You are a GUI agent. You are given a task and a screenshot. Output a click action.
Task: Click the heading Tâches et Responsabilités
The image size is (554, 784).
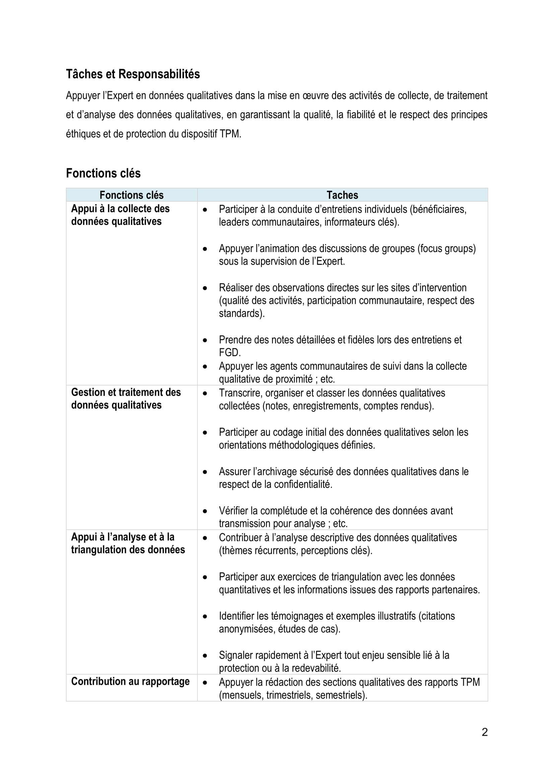(x=133, y=74)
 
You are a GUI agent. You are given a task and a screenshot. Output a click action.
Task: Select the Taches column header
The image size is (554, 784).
(x=342, y=195)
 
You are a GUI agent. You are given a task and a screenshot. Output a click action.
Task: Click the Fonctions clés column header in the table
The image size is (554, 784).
(x=131, y=195)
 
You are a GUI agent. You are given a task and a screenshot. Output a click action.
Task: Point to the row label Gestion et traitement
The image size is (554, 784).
(x=126, y=393)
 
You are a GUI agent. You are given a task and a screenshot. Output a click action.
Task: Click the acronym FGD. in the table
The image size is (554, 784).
(x=229, y=352)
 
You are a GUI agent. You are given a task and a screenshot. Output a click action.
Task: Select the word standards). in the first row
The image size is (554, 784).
(x=241, y=313)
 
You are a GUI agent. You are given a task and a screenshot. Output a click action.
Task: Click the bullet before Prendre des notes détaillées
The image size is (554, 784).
(x=205, y=340)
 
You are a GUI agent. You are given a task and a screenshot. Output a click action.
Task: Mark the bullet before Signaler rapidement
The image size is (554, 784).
(x=205, y=656)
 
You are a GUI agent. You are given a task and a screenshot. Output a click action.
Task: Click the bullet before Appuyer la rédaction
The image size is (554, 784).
(x=205, y=682)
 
